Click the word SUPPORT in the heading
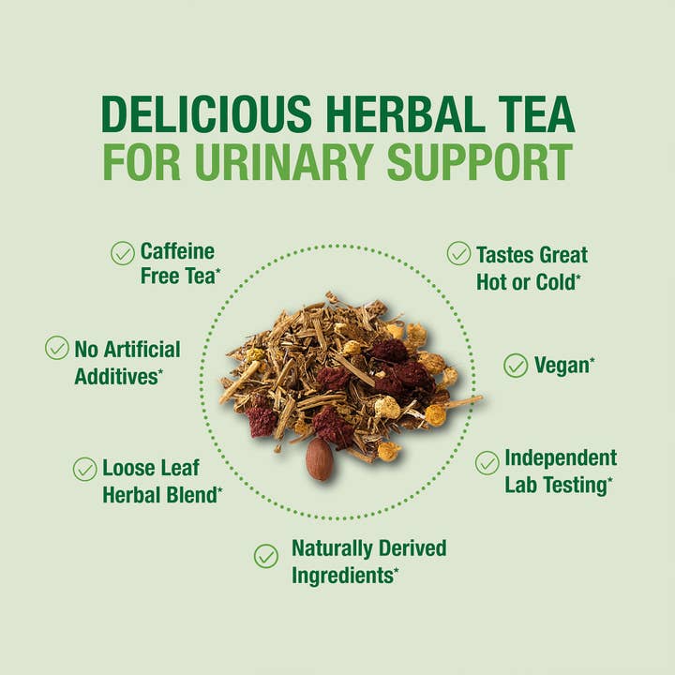[479, 162]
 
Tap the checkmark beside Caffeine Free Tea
[123, 253]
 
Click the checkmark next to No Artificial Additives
[57, 348]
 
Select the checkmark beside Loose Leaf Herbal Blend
[85, 469]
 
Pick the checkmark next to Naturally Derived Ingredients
[266, 556]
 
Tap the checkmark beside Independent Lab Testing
[487, 462]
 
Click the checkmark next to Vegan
[516, 366]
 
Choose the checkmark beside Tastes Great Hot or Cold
[458, 253]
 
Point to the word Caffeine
[177, 251]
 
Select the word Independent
[561, 458]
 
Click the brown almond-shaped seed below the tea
[320, 458]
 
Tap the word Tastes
[507, 254]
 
